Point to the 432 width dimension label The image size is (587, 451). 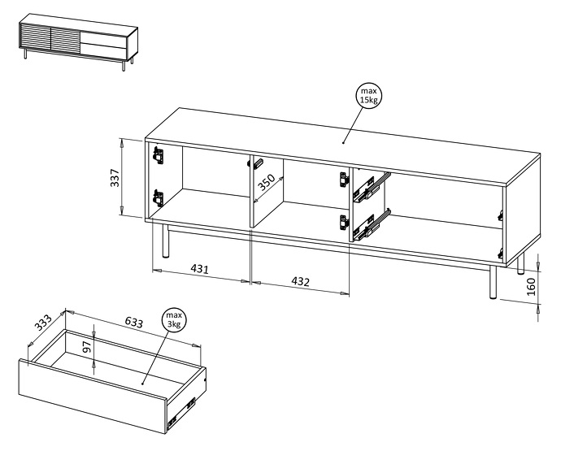click(x=300, y=281)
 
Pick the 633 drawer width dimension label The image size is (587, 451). click(x=133, y=323)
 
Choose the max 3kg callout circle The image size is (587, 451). click(x=174, y=319)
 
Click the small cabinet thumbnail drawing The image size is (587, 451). click(x=77, y=41)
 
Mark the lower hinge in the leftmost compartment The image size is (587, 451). click(x=158, y=197)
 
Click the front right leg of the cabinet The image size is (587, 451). click(x=492, y=282)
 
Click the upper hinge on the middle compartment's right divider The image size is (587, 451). click(x=342, y=180)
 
